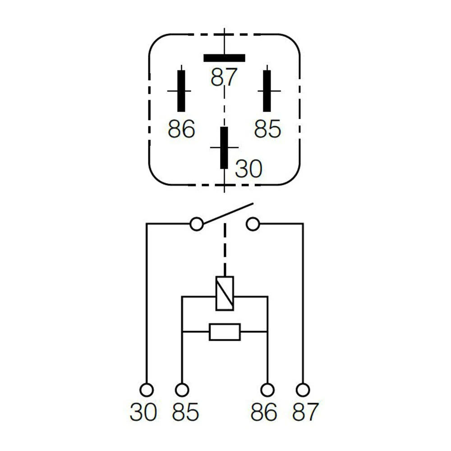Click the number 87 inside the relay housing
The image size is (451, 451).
point(224,78)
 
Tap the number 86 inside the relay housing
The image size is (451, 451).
point(181,129)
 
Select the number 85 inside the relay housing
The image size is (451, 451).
point(267,129)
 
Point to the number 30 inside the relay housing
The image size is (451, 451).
point(249,169)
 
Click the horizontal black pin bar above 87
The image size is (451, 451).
point(224,58)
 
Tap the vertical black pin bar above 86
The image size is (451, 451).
point(181,91)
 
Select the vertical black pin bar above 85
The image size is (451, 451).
point(267,91)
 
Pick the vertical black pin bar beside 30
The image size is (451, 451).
point(224,147)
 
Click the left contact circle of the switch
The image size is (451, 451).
point(197,224)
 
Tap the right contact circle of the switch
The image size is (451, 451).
point(253,224)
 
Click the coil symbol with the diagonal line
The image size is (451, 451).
point(225,293)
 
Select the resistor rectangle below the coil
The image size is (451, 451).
point(225,332)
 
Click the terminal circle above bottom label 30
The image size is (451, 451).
point(147,390)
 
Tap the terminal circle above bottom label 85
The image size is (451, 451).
point(182,390)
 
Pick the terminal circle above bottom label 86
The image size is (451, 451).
point(268,390)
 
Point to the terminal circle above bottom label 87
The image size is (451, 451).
point(304,390)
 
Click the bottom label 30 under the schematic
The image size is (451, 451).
point(143,412)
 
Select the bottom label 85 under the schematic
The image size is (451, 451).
point(185,412)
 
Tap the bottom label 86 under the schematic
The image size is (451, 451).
point(264,412)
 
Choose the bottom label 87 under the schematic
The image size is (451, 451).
point(305,412)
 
